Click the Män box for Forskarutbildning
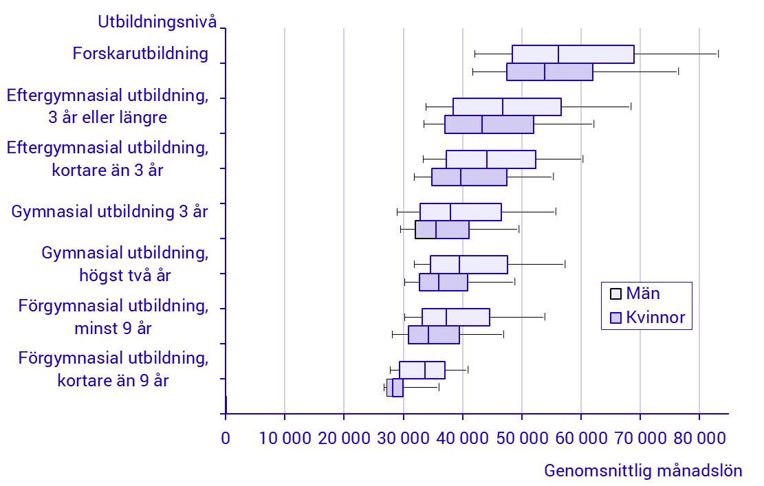(x=573, y=54)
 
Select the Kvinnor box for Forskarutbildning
(x=549, y=71)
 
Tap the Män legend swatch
(x=616, y=294)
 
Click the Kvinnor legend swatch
(x=616, y=318)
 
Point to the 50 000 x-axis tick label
(x=522, y=439)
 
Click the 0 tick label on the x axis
(x=225, y=439)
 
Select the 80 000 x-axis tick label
(x=699, y=439)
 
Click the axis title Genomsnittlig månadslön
(x=643, y=471)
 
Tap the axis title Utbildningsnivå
(x=157, y=22)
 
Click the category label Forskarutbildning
(x=140, y=53)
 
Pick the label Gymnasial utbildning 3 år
(x=109, y=212)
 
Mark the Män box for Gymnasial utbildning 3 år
(x=461, y=212)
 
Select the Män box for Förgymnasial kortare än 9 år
(x=422, y=370)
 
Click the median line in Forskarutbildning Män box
(x=558, y=54)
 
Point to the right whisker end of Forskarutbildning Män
(x=718, y=54)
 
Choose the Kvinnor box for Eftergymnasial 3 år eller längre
(x=489, y=124)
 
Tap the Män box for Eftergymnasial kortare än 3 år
(x=491, y=159)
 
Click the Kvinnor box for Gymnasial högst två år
(x=444, y=283)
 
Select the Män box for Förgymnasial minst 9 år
(x=455, y=317)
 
